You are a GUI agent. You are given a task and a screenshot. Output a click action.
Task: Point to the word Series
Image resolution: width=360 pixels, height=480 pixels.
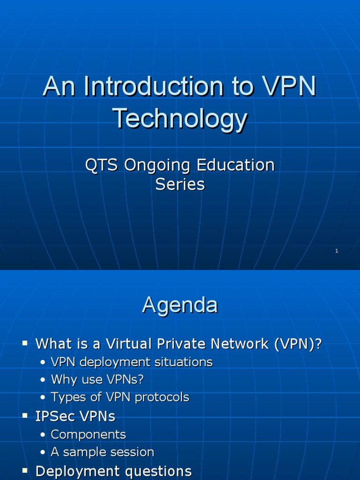pos(180,184)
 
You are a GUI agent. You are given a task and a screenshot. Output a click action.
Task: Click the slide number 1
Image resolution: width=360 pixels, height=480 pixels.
pos(337,251)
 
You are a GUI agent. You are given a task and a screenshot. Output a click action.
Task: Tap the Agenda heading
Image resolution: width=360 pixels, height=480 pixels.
pos(180,305)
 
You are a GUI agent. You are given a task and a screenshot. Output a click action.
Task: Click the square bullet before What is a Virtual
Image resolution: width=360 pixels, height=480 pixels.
pos(26,344)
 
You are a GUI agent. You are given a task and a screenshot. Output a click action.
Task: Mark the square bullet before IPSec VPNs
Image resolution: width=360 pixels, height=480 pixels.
pos(26,416)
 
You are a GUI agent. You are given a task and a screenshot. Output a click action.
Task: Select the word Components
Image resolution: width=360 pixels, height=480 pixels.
pos(88,435)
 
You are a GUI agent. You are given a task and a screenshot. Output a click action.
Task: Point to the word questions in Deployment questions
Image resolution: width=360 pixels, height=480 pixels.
pos(158,471)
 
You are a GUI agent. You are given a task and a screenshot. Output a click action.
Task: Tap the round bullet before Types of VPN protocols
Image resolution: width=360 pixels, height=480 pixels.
pos(43,397)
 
